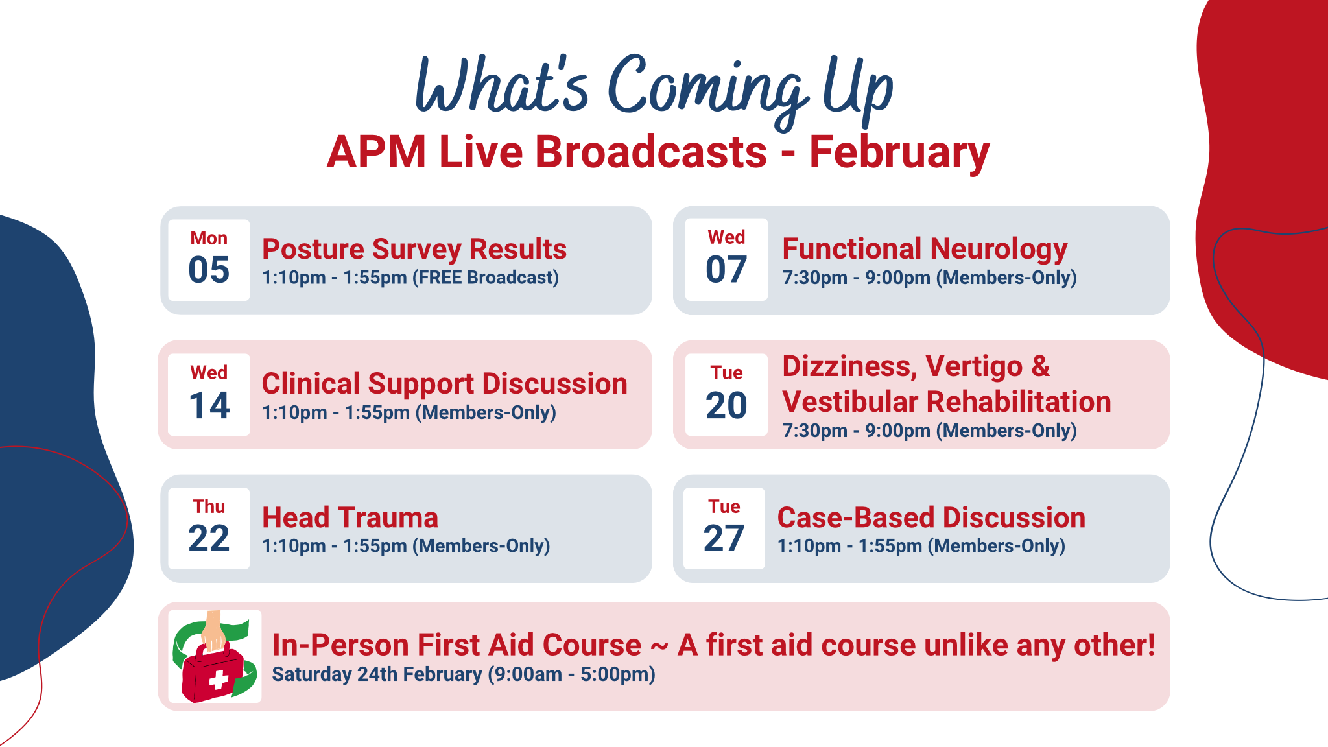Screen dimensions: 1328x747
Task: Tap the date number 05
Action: click(x=209, y=270)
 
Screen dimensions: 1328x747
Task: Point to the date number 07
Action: click(x=726, y=270)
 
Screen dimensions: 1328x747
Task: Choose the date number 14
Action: click(x=209, y=405)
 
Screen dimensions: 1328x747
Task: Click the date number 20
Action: click(x=726, y=405)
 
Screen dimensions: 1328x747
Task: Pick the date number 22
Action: click(x=209, y=538)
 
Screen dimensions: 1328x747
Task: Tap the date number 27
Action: click(x=724, y=538)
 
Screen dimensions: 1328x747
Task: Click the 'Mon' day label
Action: click(x=209, y=238)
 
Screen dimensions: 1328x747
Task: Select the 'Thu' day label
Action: click(x=209, y=506)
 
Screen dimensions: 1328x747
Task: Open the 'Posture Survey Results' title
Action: click(x=414, y=249)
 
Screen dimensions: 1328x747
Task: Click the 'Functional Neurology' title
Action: click(x=925, y=250)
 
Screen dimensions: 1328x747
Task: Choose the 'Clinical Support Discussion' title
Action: click(x=445, y=384)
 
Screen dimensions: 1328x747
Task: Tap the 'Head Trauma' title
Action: click(x=350, y=518)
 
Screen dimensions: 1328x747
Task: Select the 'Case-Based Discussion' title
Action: click(x=931, y=518)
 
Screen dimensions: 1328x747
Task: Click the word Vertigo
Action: click(x=974, y=367)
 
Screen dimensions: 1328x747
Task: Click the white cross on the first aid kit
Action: click(x=219, y=680)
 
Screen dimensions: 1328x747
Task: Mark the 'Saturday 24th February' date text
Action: click(x=377, y=674)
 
